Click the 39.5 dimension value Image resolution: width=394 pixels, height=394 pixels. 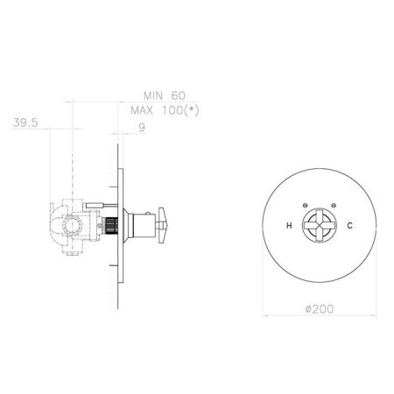tap(25, 123)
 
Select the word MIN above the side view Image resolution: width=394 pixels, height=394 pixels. tap(153, 95)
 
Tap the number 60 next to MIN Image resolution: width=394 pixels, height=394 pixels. tap(178, 95)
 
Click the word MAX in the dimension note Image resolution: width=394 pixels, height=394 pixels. tap(142, 110)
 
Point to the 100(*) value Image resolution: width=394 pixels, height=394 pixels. tap(180, 110)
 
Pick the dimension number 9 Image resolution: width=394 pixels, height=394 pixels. tap(142, 128)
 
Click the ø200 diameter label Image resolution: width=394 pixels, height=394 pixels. tap(320, 309)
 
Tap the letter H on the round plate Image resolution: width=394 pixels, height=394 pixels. tap(289, 225)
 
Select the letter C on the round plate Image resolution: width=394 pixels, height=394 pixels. tap(349, 225)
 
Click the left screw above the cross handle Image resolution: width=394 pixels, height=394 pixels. tap(305, 205)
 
